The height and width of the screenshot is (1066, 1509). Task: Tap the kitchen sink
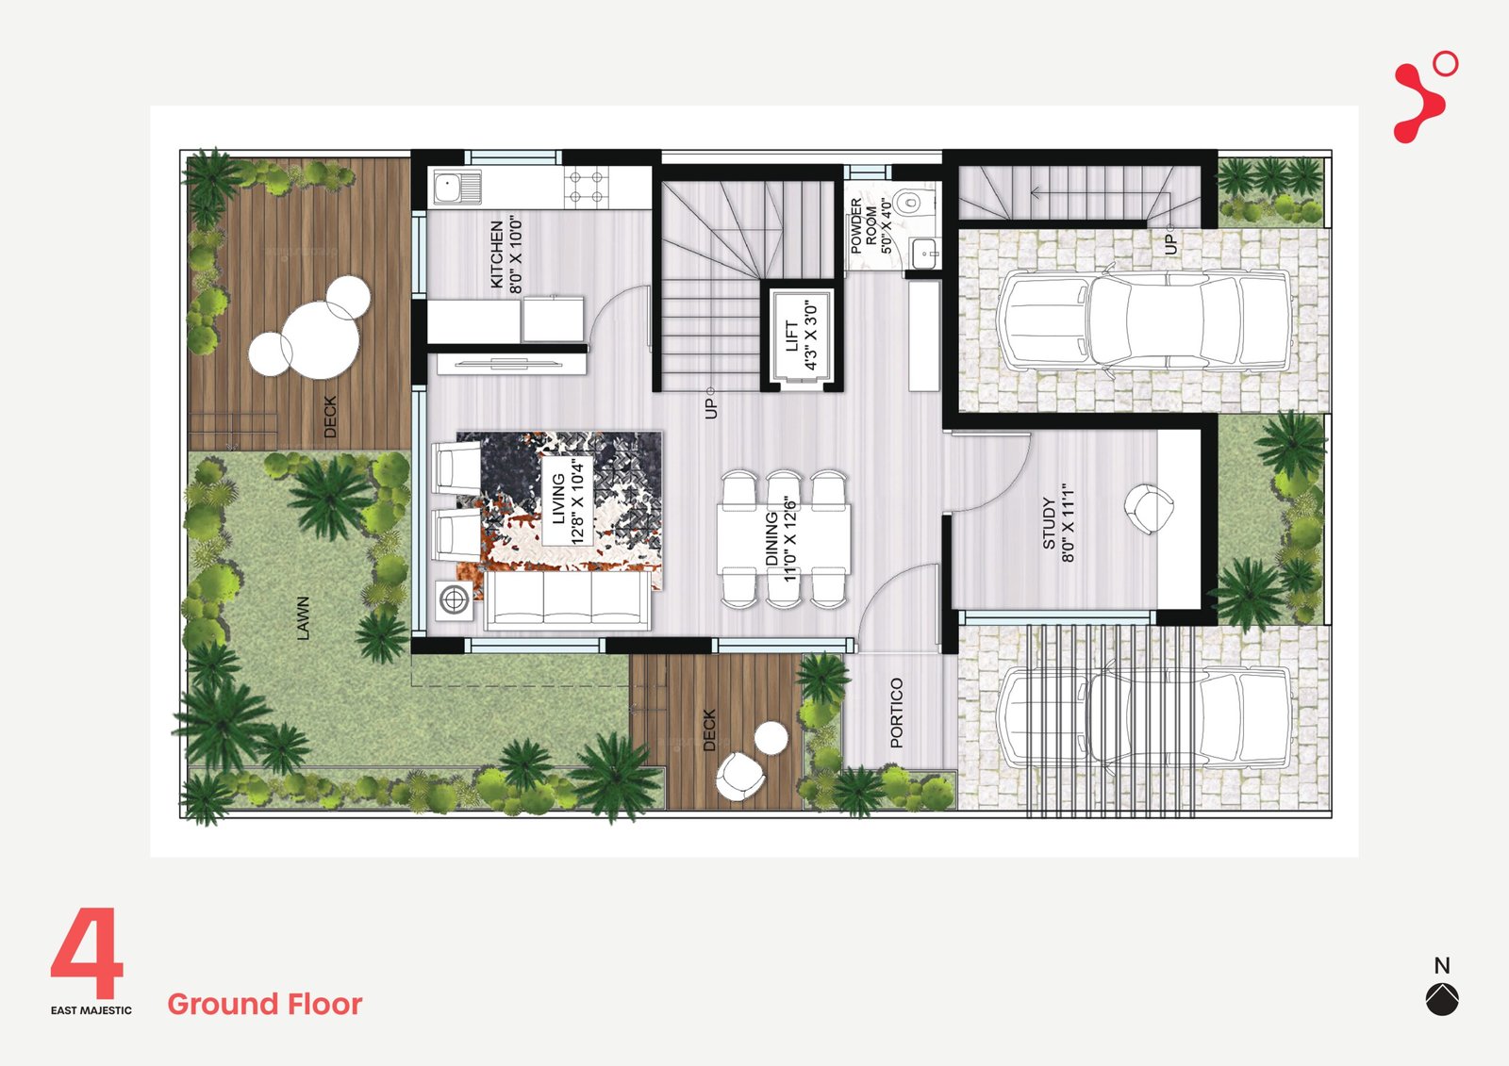point(456,187)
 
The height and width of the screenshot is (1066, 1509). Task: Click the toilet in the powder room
point(914,200)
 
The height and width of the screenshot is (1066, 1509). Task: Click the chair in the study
point(1149,508)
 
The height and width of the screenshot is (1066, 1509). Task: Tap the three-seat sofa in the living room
point(567,600)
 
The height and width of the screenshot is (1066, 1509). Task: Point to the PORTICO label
point(896,713)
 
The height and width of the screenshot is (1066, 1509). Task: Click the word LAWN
point(303,617)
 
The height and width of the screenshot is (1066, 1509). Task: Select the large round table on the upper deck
point(320,340)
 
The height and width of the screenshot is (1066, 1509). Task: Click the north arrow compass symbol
point(1442,999)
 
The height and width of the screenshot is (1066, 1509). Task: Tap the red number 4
point(88,952)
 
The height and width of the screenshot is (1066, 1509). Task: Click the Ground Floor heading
point(265,1004)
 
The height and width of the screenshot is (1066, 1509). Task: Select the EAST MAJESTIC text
point(91,1010)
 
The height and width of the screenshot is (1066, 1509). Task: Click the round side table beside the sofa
point(454,599)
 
